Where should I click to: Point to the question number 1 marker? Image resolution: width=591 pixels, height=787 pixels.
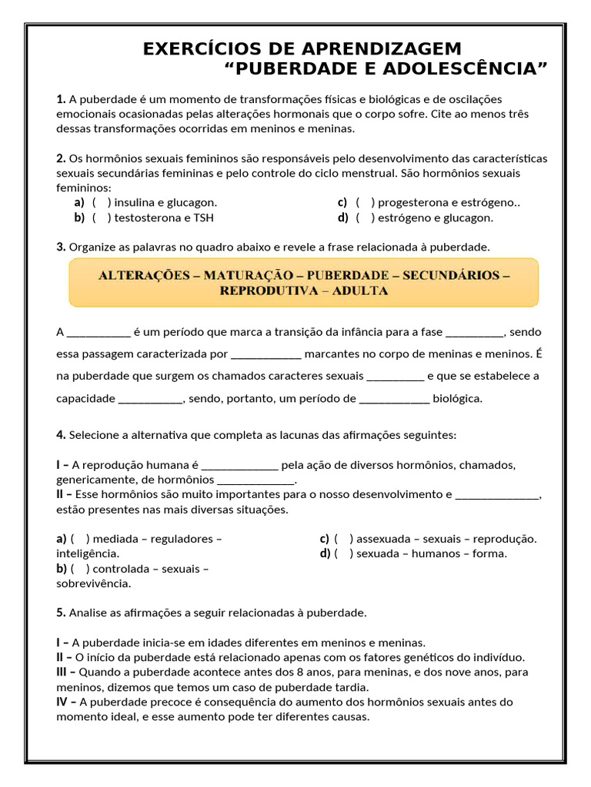click(61, 99)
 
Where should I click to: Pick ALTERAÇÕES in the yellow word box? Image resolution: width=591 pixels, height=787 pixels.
click(145, 274)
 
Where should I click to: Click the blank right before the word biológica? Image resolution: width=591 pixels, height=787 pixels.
click(394, 399)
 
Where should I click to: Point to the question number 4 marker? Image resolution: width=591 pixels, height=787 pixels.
click(61, 435)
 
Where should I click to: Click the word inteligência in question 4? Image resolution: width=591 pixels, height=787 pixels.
click(88, 553)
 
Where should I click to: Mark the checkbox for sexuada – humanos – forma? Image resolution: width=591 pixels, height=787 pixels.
click(343, 553)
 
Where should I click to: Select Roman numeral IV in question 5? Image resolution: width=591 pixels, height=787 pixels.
click(63, 702)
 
